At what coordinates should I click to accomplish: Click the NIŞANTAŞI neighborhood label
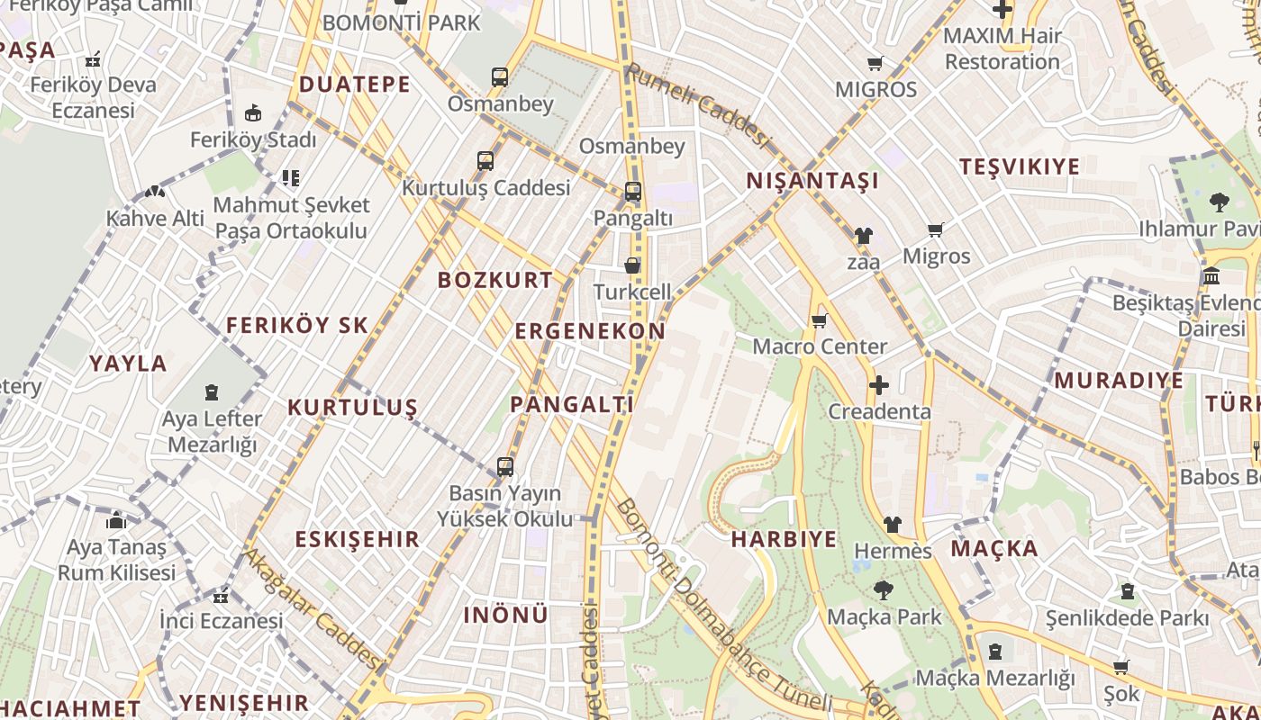812,181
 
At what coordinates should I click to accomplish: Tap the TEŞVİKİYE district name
1019,166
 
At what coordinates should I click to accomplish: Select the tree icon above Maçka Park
884,590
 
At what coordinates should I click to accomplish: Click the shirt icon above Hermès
892,524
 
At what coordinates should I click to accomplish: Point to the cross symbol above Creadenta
878,386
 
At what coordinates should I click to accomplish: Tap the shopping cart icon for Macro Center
819,320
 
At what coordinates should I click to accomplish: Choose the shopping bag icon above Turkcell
632,265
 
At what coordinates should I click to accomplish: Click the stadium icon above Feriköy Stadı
253,114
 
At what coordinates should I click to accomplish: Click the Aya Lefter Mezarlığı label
213,432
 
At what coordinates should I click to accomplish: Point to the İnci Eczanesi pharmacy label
221,621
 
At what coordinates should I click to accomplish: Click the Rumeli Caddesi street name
700,105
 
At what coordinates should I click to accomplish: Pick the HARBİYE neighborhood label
784,539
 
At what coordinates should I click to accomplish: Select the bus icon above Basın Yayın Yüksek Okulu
505,467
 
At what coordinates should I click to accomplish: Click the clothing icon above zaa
863,236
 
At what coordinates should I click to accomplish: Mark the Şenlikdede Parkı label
1127,618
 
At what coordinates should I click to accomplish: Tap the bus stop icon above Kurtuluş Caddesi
485,161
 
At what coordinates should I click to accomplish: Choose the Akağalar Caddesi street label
313,607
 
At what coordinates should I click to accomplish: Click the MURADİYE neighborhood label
1119,380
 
